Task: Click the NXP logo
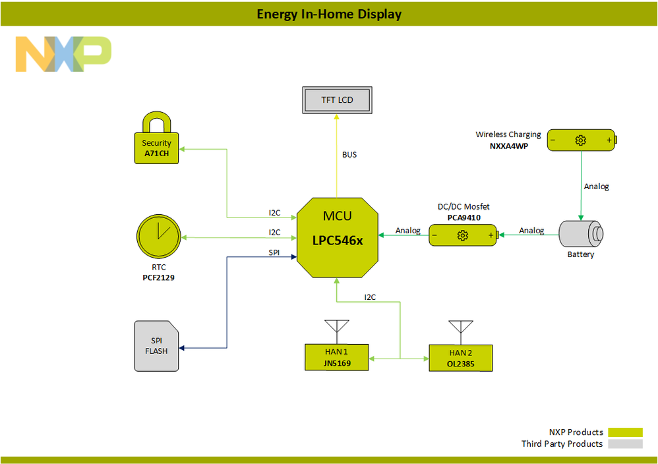pyautogui.click(x=63, y=54)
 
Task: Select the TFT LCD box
pyautogui.click(x=337, y=100)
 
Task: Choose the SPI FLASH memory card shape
pyautogui.click(x=156, y=346)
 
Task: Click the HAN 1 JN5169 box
pyautogui.click(x=336, y=357)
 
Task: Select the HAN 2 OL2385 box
pyautogui.click(x=461, y=357)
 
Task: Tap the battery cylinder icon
pyautogui.click(x=581, y=235)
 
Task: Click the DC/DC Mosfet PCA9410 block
pyautogui.click(x=463, y=235)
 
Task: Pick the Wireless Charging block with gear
pyautogui.click(x=581, y=140)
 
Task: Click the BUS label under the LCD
pyautogui.click(x=349, y=155)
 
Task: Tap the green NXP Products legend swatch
pyautogui.click(x=624, y=432)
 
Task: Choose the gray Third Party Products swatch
pyautogui.click(x=624, y=444)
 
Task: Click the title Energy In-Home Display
pyautogui.click(x=329, y=14)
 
